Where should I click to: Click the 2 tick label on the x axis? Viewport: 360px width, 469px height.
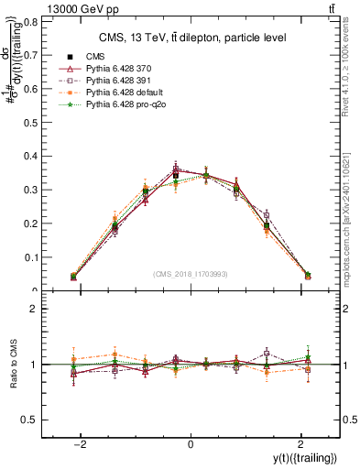[x=301, y=444]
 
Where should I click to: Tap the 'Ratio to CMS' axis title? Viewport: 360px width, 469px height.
[x=13, y=365]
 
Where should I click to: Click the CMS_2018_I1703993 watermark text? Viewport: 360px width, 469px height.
[x=191, y=274]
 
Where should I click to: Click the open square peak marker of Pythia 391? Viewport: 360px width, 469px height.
[x=176, y=169]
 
